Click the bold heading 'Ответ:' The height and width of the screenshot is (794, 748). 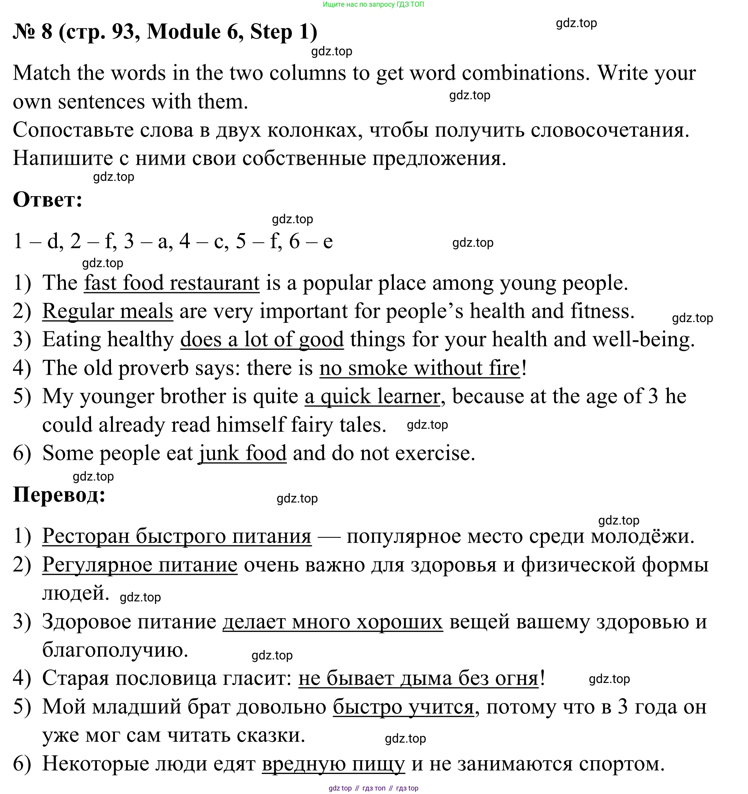pos(47,199)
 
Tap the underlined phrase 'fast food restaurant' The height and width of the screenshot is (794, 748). pos(172,283)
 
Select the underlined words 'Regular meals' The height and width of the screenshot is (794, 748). pos(107,311)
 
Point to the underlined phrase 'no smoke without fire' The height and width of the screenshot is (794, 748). pos(420,368)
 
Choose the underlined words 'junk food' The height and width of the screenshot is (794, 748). pos(243,453)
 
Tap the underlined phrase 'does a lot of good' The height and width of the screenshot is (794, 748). pos(262,339)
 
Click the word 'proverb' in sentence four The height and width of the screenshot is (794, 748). pos(153,368)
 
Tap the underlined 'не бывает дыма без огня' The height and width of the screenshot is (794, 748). pos(419,678)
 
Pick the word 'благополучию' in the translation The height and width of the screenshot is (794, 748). pos(115,650)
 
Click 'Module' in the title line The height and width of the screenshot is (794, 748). pos(183,31)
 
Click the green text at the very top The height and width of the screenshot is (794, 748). pos(373,4)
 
